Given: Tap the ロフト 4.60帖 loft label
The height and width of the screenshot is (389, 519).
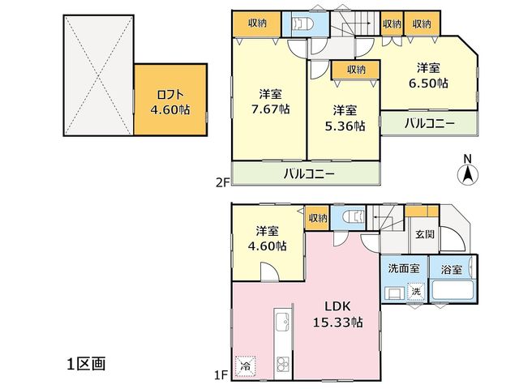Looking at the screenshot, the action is point(170,102).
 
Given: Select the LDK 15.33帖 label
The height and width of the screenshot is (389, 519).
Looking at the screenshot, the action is point(337,314).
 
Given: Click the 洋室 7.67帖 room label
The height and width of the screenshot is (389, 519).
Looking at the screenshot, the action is point(270,101).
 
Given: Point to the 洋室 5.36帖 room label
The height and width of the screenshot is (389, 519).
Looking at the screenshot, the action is point(345,118).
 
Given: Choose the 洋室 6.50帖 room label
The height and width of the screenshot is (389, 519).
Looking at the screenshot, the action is point(428,75).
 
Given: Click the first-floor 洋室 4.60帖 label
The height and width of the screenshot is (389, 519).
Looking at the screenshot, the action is point(267,238).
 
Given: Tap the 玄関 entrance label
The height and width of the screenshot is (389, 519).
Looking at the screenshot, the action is point(425,234).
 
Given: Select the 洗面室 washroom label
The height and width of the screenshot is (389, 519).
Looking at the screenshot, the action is point(404,268).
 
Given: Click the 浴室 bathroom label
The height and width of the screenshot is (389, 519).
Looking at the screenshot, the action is point(451,270).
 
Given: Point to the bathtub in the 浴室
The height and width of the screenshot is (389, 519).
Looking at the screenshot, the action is point(453,290).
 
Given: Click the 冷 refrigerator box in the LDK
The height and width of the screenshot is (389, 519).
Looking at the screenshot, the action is point(245,365).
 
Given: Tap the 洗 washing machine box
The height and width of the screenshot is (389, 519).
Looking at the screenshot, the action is point(416,292).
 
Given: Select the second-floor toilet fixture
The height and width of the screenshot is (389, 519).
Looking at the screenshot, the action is point(302,24).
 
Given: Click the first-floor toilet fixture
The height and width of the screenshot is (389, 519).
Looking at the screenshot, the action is point(353,217).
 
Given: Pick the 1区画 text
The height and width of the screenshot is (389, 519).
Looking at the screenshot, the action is point(87,364).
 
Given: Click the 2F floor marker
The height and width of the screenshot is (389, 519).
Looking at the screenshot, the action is point(222,182).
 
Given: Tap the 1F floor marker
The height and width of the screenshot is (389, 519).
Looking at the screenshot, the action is point(221,375).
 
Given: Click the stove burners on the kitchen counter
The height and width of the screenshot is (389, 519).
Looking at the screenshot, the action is point(283,364).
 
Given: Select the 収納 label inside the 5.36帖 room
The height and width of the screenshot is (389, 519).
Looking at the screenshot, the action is point(356,70).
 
